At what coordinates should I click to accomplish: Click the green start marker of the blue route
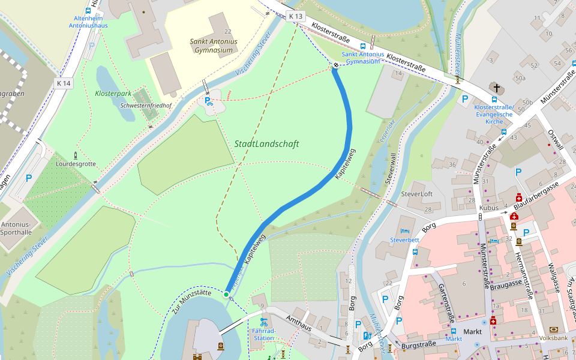pos(226,294)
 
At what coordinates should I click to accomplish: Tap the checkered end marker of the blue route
pos(335,67)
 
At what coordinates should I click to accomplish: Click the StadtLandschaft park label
pos(266,144)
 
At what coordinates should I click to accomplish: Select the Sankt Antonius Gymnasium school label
pos(213,46)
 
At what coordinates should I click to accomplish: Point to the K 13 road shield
pos(295,16)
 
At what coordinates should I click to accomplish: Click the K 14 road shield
pos(64,83)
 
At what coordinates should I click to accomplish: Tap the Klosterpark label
pos(113,94)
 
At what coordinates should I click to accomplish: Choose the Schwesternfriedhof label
pos(146,106)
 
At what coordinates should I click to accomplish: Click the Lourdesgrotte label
pos(76,163)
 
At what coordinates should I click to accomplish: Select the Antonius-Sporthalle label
pos(16,229)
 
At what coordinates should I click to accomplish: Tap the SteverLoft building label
pos(416,194)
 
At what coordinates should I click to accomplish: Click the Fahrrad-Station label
pos(263,334)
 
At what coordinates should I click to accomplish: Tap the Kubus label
pos(489,208)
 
